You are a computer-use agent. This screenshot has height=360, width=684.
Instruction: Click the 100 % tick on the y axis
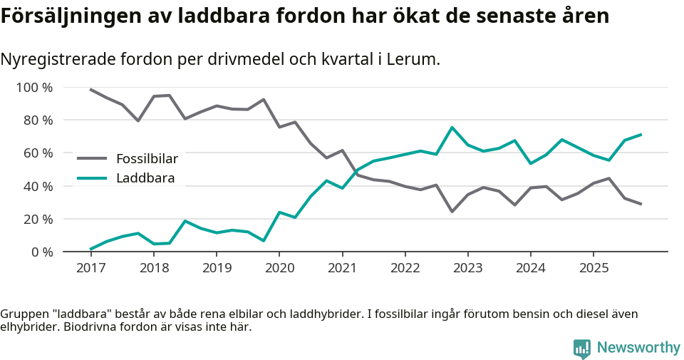pyautogui.click(x=34, y=88)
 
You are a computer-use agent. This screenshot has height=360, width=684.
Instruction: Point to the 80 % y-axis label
pyautogui.click(x=37, y=120)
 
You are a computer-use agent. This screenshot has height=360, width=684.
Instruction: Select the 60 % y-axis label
pyautogui.click(x=37, y=153)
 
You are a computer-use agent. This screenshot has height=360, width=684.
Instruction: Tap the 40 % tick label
pyautogui.click(x=37, y=186)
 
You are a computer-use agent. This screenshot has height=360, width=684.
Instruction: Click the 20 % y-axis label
pyautogui.click(x=37, y=219)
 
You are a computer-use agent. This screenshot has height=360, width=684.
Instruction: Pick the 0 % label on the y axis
pyautogui.click(x=41, y=252)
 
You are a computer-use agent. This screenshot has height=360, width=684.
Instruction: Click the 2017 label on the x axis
pyautogui.click(x=90, y=268)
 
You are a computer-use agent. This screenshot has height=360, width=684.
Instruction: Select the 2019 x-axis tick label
pyautogui.click(x=216, y=268)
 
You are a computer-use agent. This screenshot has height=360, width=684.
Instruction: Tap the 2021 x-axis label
pyautogui.click(x=342, y=268)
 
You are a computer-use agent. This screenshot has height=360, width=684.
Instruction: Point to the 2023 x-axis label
pyautogui.click(x=467, y=268)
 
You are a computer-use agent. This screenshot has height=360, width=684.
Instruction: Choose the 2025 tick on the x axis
pyautogui.click(x=594, y=268)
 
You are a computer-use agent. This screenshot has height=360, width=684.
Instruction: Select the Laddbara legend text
pyautogui.click(x=145, y=178)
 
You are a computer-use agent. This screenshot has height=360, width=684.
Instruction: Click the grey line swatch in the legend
pyautogui.click(x=92, y=158)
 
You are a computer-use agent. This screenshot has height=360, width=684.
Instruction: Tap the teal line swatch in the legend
pyautogui.click(x=92, y=178)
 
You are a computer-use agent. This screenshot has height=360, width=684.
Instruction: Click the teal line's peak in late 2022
pyautogui.click(x=452, y=128)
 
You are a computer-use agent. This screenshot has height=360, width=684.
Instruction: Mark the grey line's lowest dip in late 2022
pyautogui.click(x=452, y=212)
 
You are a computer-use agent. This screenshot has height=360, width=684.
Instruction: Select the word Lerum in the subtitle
pyautogui.click(x=416, y=59)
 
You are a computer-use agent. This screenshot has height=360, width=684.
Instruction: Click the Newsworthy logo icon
pyautogui.click(x=581, y=348)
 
